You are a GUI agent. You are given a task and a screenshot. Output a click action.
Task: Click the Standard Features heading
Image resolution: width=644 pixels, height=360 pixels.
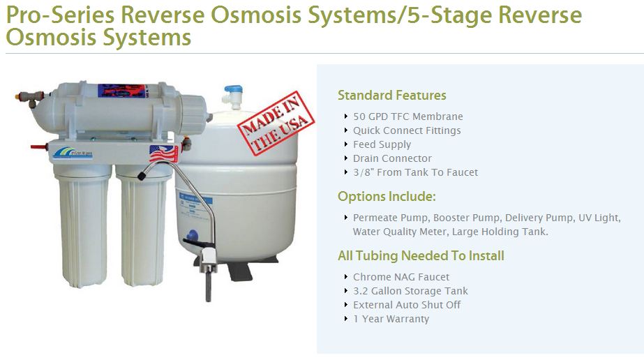391,96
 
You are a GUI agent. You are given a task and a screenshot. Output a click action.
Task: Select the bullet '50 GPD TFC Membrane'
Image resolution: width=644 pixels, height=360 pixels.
407,117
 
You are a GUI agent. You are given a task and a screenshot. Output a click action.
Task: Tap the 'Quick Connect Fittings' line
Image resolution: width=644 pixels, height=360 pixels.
407,130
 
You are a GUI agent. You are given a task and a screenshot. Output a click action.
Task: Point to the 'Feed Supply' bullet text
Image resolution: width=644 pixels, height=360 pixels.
382,144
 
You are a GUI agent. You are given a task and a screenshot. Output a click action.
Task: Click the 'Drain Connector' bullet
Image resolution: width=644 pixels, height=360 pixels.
392,158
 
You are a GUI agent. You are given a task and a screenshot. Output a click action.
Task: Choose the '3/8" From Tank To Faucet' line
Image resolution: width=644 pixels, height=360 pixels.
415,172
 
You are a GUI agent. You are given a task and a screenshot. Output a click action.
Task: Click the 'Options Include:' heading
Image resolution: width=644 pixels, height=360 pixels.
387,197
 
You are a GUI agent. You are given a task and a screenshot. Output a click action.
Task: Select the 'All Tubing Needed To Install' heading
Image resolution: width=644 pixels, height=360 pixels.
421,256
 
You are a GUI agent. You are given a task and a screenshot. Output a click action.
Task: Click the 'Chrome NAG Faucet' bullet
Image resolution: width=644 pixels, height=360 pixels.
401,277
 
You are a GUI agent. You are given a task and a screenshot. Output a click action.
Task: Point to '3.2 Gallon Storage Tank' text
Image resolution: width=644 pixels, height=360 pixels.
410,291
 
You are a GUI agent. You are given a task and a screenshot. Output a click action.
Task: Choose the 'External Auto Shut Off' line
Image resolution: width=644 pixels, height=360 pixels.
407,305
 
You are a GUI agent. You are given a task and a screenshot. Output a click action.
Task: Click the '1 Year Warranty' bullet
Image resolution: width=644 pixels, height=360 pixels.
391,319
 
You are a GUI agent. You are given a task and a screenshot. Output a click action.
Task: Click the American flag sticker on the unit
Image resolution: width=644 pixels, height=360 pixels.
163,153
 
